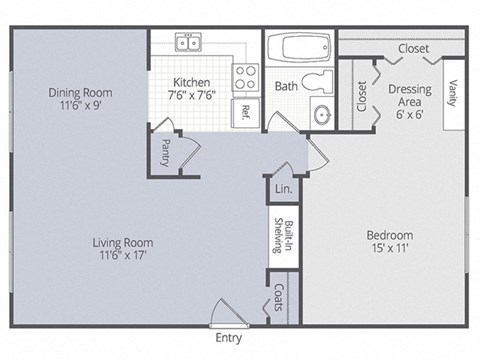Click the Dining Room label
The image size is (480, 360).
click(78, 94)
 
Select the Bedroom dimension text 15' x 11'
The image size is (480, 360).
click(389, 249)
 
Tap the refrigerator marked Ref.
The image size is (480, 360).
click(245, 110)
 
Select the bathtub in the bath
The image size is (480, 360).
click(300, 47)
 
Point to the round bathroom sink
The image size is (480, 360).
click(322, 115)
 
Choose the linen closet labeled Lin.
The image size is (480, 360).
click(282, 189)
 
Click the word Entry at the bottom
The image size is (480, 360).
click(228, 339)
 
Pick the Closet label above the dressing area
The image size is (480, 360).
click(413, 48)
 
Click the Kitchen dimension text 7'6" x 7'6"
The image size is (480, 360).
click(189, 96)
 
